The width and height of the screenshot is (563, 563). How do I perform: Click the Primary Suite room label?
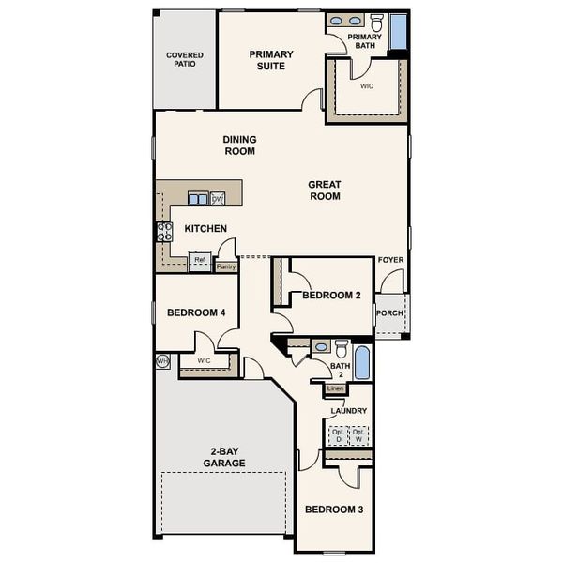pos(271,60)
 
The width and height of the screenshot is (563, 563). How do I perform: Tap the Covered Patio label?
pos(185,61)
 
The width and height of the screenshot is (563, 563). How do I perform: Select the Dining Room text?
pos(239,145)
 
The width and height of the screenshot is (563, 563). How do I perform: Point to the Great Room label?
pos(324,190)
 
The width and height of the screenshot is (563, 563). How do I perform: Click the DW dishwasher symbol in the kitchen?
pos(217,198)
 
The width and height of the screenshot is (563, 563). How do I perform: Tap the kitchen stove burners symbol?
pos(164,232)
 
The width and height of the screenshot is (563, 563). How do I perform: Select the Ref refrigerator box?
pos(200,261)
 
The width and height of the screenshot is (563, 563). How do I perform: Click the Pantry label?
pos(225,266)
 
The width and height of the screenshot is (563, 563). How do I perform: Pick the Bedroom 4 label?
pos(195,312)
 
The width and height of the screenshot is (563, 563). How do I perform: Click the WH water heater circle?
pos(162,360)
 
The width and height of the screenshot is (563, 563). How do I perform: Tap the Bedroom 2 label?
pos(331,295)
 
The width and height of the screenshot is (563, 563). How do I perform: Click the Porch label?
pos(389,313)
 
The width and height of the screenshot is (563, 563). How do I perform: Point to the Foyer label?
pos(390,260)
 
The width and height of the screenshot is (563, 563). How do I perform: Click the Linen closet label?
pos(336,388)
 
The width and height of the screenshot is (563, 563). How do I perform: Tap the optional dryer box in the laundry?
pos(336,435)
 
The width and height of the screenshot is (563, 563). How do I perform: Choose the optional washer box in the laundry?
pos(358,435)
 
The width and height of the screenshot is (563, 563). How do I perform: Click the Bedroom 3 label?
pos(334,510)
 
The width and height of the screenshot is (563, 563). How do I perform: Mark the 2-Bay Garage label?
pos(225,457)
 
